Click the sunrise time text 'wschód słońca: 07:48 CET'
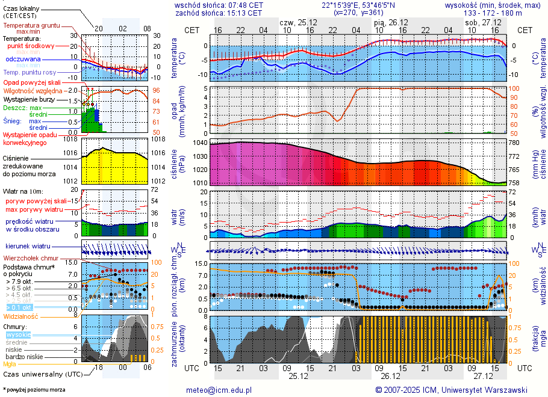219,5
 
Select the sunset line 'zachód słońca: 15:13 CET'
219,13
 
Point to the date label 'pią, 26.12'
391,22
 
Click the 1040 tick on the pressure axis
200,143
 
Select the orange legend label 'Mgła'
10,364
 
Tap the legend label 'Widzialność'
21,316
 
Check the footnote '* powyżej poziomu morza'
34,390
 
